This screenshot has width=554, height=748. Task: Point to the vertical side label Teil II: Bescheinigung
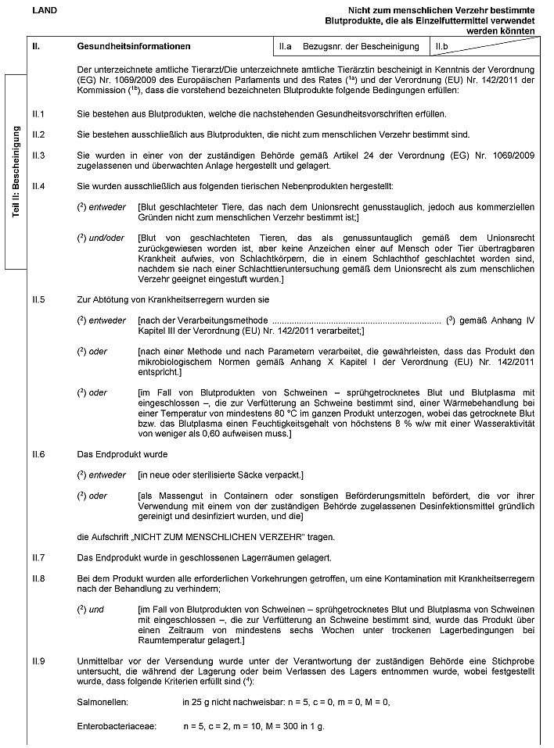[16, 173]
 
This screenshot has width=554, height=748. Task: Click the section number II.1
[38, 114]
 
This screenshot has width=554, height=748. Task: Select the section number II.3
[38, 156]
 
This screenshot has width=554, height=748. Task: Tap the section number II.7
[38, 557]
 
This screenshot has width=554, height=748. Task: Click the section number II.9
[38, 661]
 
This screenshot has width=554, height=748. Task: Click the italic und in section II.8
[95, 609]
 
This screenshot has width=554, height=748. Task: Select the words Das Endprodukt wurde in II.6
[122, 454]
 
